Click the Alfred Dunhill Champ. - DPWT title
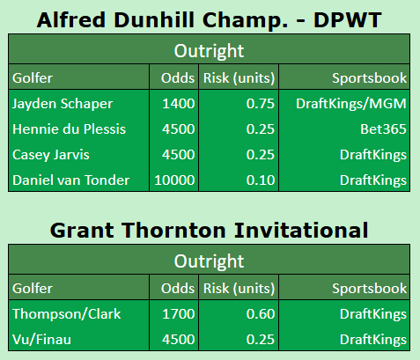pos(210,18)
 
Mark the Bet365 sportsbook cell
pos(384,129)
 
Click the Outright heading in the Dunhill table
pos(210,51)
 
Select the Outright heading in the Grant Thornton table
pos(210,261)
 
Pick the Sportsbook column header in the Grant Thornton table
pos(370,288)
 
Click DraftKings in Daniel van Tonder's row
pos(372,180)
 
